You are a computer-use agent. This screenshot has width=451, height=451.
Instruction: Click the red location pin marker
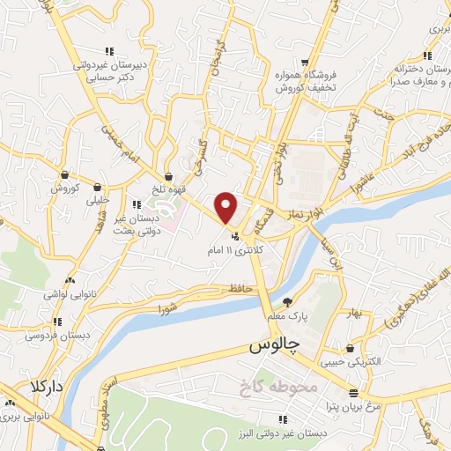tap(227, 207)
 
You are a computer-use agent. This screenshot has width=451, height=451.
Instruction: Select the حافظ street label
tap(240, 287)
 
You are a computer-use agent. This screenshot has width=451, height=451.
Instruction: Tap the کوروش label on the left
tap(64, 188)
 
